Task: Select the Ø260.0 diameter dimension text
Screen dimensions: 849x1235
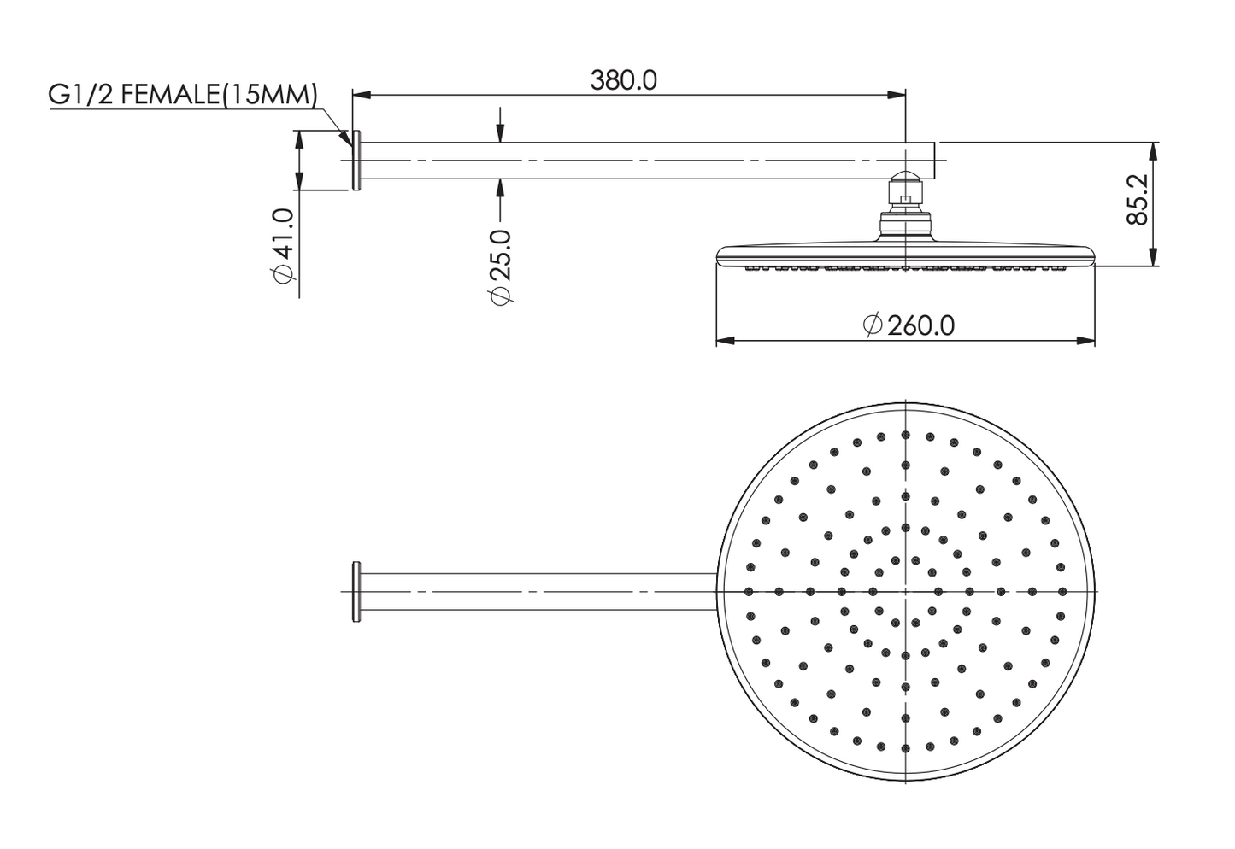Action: pos(909,325)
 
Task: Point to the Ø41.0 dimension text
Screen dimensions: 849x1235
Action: pos(282,246)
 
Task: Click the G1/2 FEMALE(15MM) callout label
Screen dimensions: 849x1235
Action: pos(182,94)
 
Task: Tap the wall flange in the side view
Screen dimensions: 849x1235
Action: pos(357,161)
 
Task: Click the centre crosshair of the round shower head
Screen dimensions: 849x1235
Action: pos(905,592)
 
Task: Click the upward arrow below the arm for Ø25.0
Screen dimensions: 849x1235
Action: pos(501,187)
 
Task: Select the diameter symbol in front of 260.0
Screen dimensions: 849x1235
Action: pos(872,325)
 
